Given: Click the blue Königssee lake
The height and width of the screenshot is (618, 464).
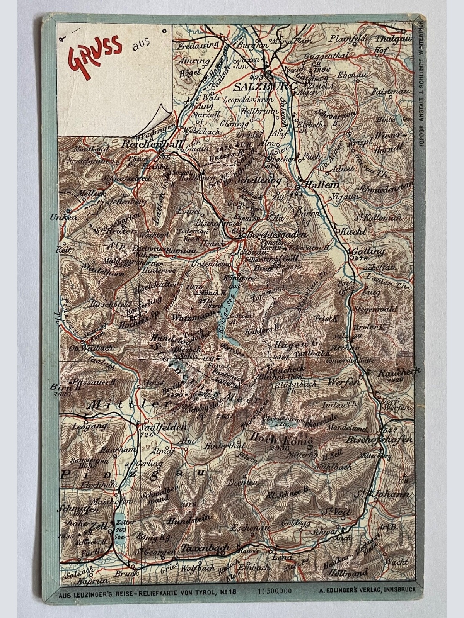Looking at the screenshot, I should pos(223,317).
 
